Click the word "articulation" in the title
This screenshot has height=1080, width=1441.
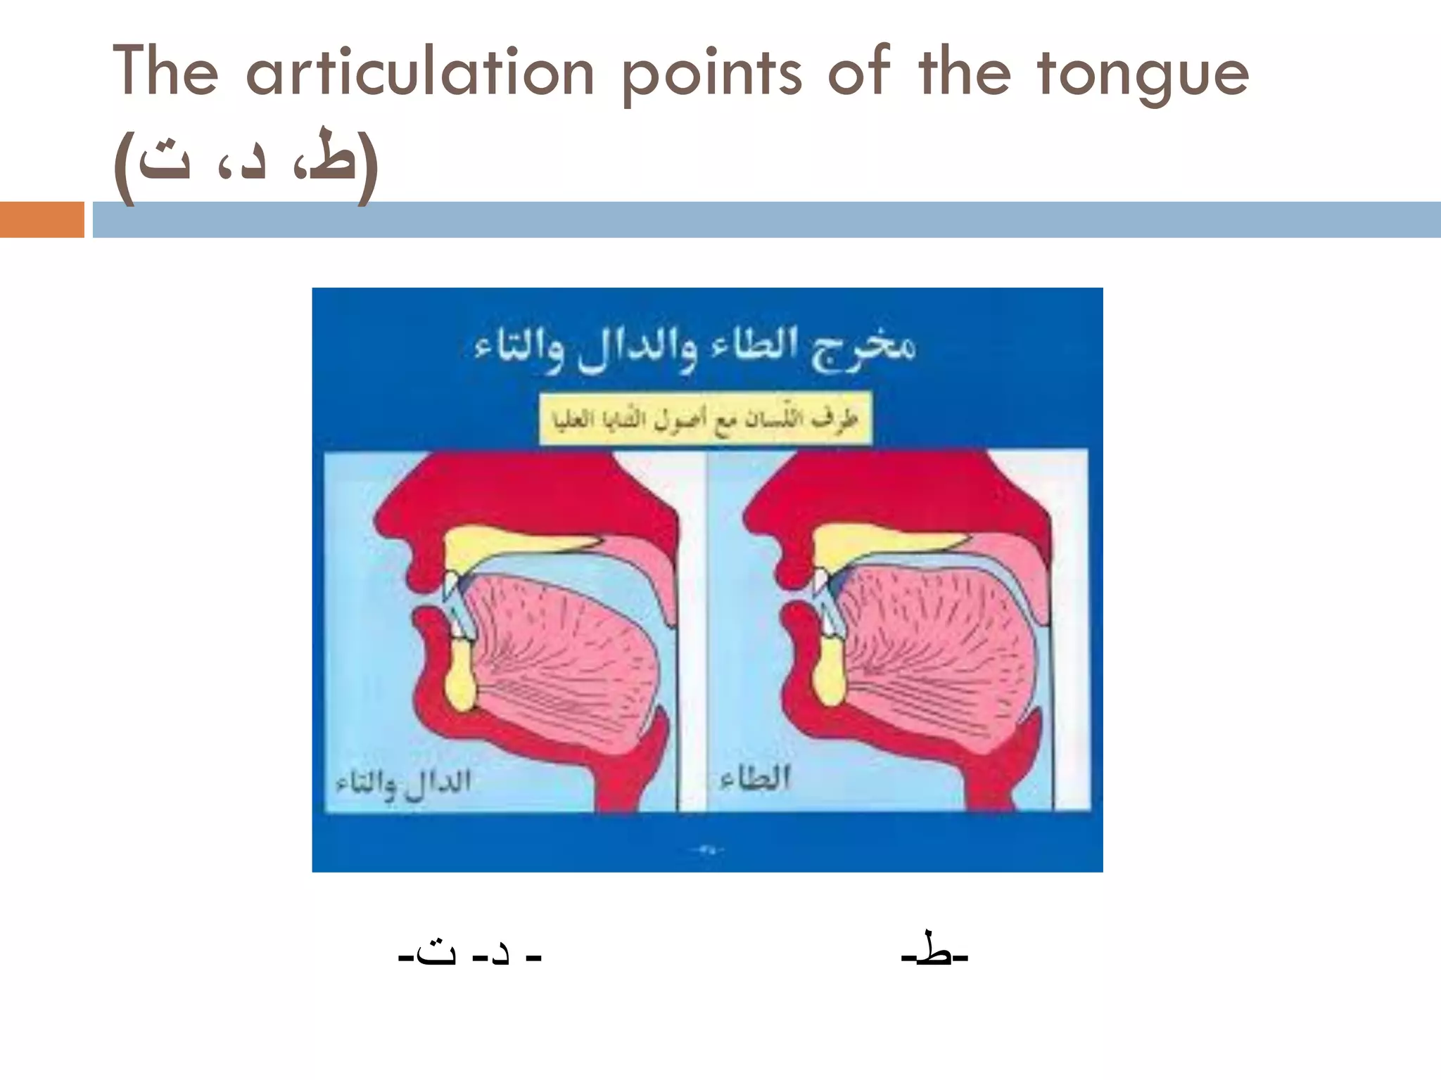(420, 72)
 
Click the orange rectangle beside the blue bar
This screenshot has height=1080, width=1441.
(42, 219)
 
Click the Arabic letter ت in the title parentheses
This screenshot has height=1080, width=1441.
(163, 162)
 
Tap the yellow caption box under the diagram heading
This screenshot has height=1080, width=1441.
(705, 419)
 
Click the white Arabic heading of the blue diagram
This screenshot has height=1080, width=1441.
(694, 347)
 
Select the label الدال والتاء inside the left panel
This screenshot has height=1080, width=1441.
(403, 782)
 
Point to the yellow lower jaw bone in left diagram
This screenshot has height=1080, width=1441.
(461, 679)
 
